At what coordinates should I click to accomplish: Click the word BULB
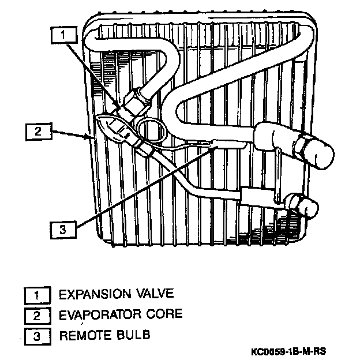[127, 335]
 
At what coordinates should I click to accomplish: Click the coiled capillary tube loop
[152, 131]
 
